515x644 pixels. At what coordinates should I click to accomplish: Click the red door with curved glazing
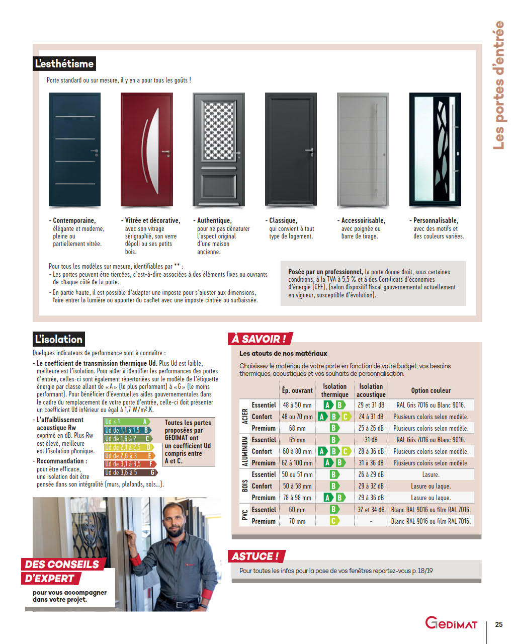click(146, 149)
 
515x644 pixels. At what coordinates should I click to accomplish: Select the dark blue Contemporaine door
click(74, 149)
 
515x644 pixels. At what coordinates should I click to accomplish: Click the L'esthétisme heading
click(64, 64)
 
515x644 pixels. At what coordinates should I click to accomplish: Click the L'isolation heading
click(58, 339)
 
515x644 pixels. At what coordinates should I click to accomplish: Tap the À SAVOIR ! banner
click(259, 339)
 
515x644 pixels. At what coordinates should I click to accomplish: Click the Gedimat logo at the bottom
click(451, 623)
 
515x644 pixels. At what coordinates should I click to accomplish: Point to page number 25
click(498, 624)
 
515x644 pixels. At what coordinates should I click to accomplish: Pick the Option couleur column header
click(431, 390)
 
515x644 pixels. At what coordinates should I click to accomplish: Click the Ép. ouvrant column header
click(297, 390)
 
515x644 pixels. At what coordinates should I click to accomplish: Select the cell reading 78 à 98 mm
click(297, 498)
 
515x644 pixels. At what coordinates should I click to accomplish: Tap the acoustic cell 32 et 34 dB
click(371, 510)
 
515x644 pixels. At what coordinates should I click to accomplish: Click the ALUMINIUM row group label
click(245, 451)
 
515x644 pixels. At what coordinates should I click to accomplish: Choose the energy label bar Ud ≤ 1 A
click(127, 422)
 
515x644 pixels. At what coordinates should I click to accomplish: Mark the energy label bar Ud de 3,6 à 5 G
click(130, 472)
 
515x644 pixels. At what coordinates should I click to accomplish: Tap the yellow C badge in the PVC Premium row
click(334, 521)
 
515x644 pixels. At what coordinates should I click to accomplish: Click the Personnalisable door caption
click(436, 220)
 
